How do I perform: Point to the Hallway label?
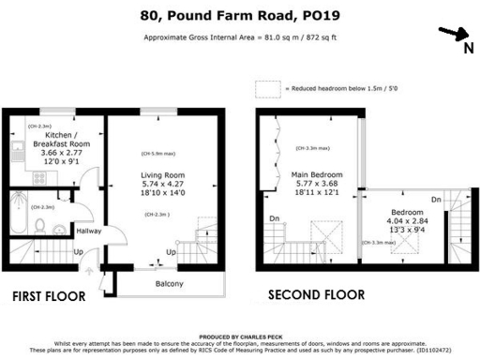(x=88, y=232)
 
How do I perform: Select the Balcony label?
(x=169, y=284)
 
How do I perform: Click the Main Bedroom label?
(x=316, y=174)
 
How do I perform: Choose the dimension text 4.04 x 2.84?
(x=407, y=222)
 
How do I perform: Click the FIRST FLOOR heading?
(x=48, y=296)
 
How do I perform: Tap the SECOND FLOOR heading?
(x=316, y=295)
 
